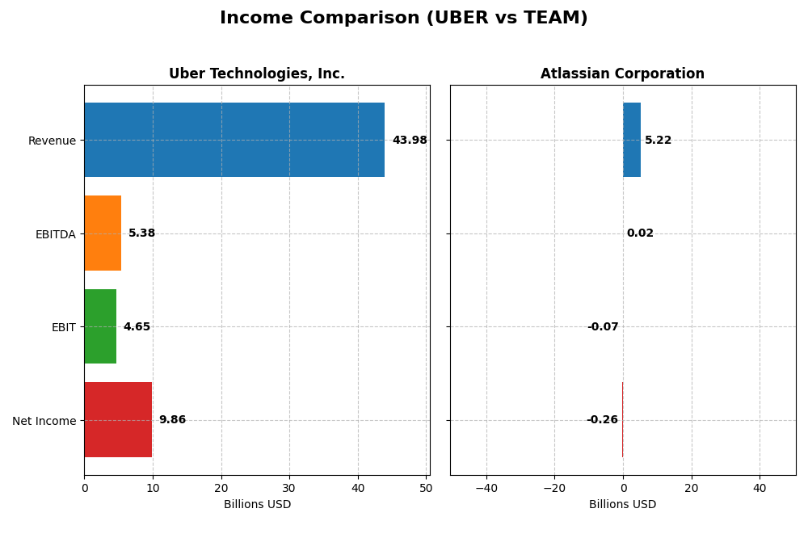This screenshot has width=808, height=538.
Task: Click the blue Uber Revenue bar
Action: (x=234, y=140)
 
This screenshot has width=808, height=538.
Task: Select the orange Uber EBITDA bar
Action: (x=103, y=233)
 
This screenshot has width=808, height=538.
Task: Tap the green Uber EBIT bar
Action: (x=100, y=326)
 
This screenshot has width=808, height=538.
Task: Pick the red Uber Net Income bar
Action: (x=118, y=420)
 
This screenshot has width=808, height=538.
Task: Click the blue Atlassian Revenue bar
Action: (x=632, y=140)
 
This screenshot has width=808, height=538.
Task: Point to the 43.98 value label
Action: (x=410, y=141)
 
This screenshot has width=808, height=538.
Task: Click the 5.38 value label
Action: (x=141, y=233)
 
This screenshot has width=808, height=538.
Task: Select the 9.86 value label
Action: (x=172, y=420)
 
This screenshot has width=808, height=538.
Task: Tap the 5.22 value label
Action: (x=658, y=141)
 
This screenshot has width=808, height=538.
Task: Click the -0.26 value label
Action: (x=602, y=420)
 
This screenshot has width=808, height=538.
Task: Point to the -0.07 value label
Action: (x=603, y=327)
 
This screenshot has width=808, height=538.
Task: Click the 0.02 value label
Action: (x=640, y=233)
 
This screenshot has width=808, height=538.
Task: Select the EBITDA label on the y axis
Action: (x=55, y=234)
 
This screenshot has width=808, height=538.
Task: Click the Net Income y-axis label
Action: (x=44, y=421)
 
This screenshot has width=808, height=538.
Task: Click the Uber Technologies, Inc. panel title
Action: (x=257, y=74)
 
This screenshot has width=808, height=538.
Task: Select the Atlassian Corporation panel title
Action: (x=622, y=74)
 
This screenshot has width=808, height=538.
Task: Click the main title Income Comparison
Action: (x=403, y=19)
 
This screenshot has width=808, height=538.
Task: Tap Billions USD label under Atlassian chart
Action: (x=622, y=505)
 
